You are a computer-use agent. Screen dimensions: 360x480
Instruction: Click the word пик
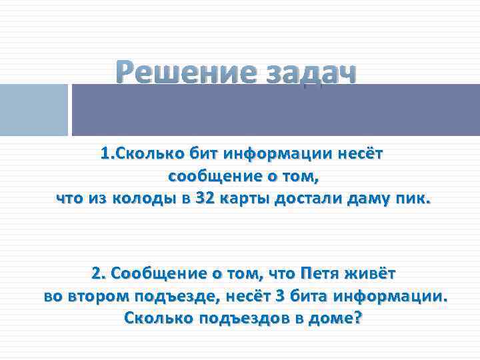pyautogui.click(x=417, y=198)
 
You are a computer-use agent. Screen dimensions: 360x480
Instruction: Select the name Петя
pyautogui.click(x=322, y=274)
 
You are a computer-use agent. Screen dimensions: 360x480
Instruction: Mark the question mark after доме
pyautogui.click(x=358, y=318)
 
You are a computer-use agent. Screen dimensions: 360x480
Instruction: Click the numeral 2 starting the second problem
pyautogui.click(x=97, y=274)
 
